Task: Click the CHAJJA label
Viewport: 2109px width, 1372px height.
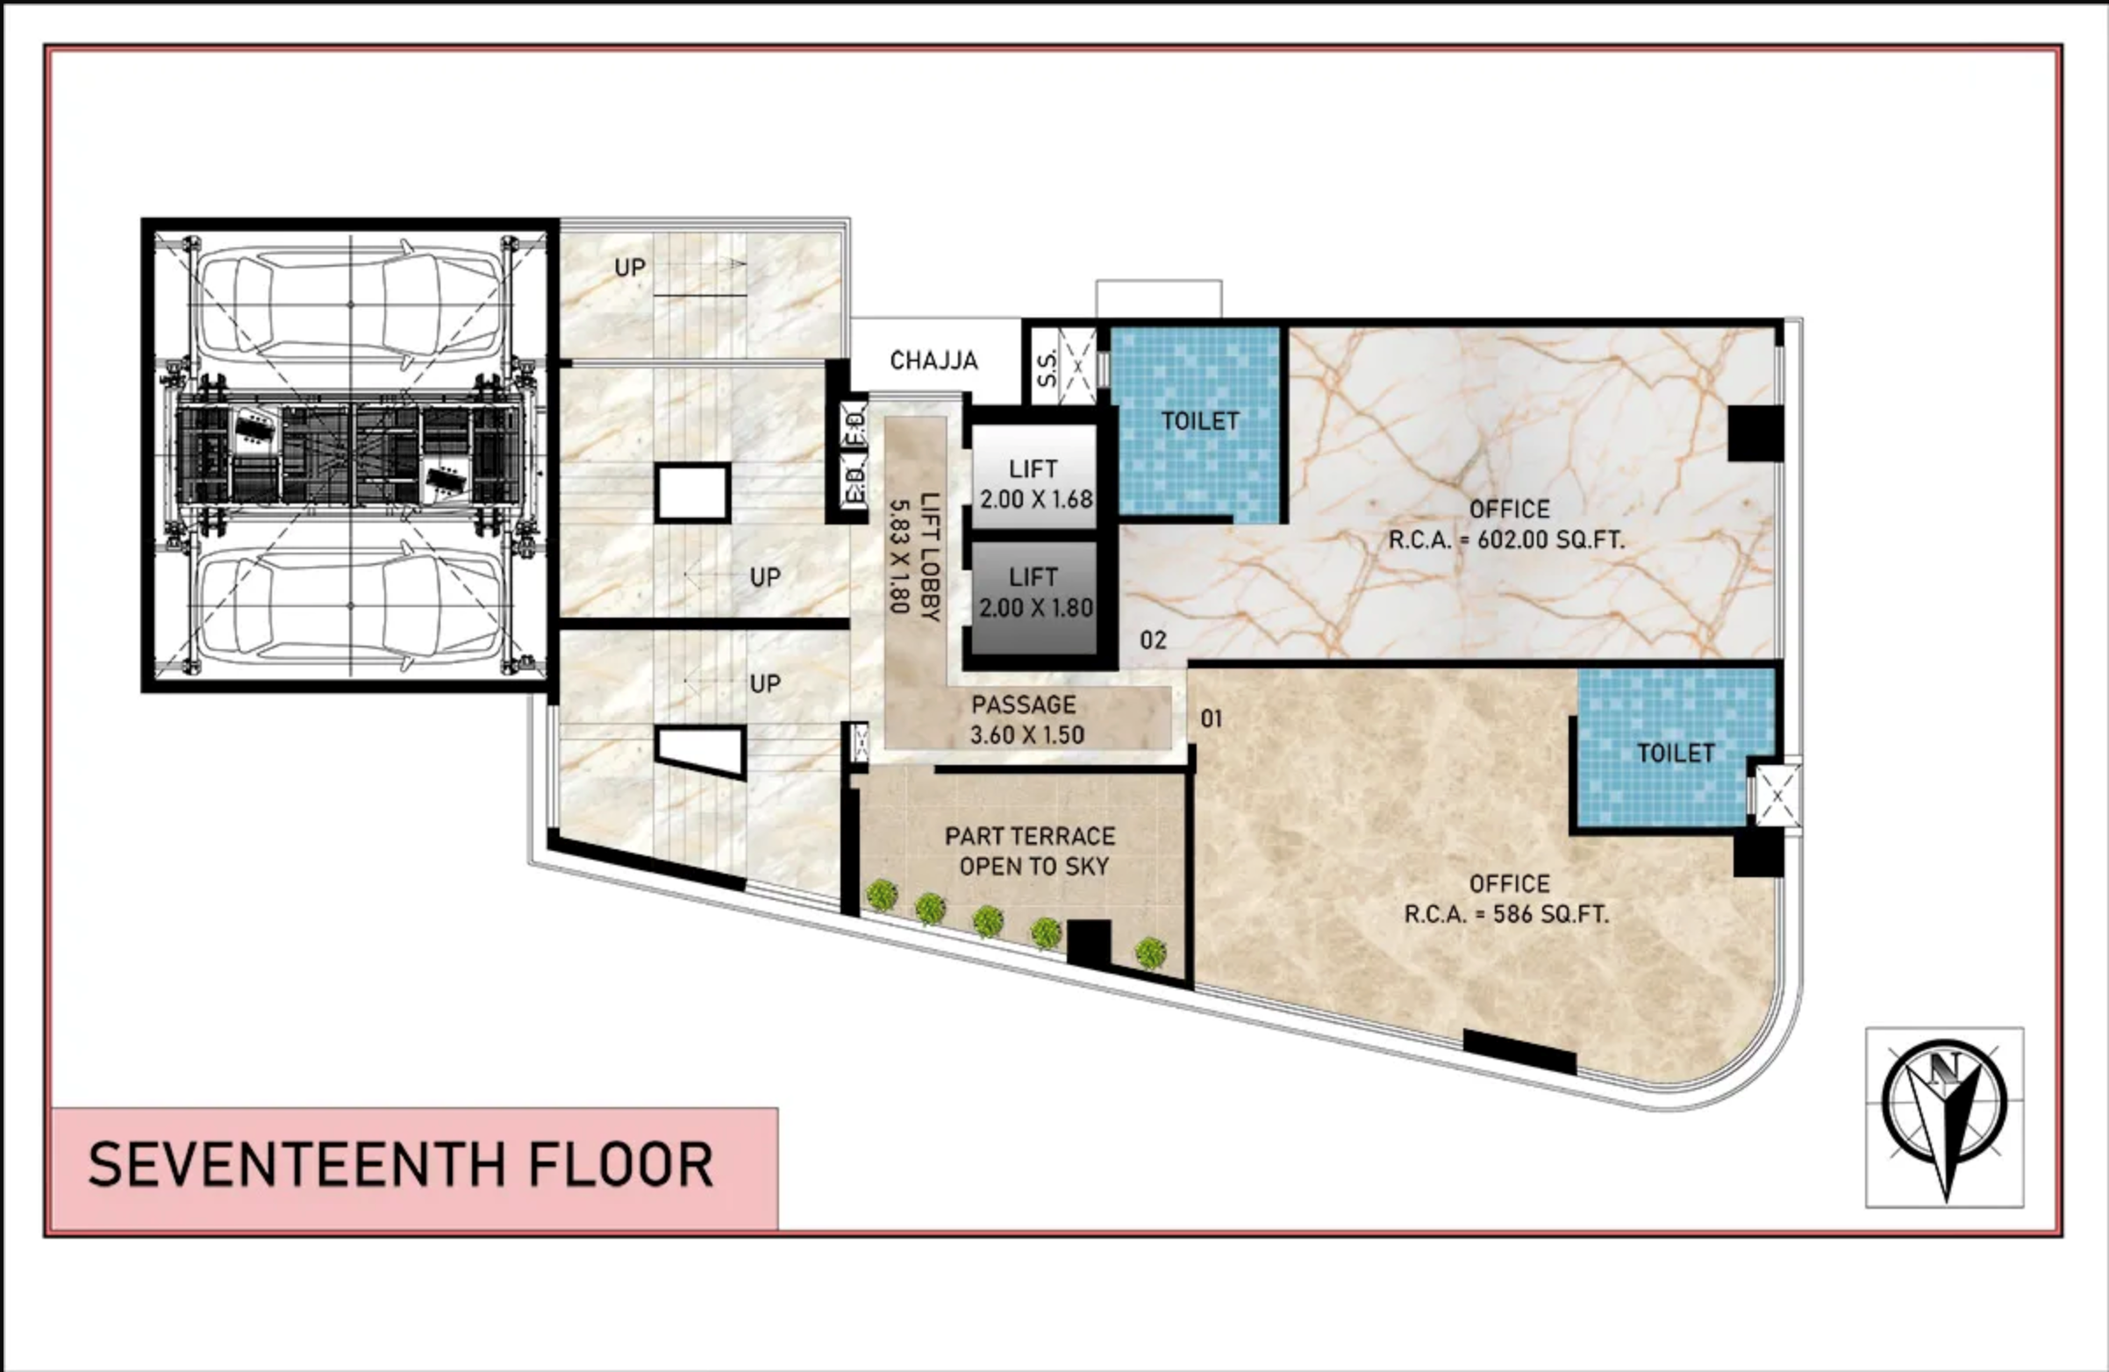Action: tap(934, 361)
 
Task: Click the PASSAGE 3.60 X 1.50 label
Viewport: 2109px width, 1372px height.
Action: tap(1026, 719)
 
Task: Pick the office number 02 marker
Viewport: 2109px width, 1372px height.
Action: tap(1153, 640)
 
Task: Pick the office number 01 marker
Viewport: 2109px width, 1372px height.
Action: tap(1212, 718)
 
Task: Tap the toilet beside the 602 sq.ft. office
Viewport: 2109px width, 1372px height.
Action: tap(1200, 422)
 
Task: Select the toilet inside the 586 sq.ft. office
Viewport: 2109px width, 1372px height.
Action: tap(1675, 754)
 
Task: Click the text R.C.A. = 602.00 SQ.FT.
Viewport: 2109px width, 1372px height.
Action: tap(1506, 540)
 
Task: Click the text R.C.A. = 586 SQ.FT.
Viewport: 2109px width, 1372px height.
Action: tap(1506, 914)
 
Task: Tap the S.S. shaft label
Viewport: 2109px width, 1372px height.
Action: tap(1047, 367)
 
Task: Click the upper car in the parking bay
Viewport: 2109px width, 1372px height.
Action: tap(349, 304)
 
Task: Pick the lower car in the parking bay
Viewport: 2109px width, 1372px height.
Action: tap(349, 606)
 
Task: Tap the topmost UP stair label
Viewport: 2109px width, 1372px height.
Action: tap(630, 268)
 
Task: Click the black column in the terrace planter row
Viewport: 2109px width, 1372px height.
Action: tap(1089, 943)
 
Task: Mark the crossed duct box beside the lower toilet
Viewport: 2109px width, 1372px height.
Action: tap(1777, 795)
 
